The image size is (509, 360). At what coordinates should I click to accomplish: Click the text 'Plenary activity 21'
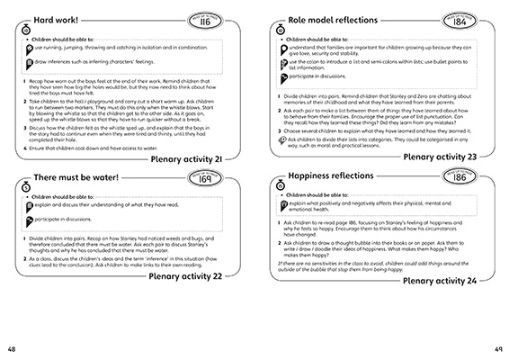197,158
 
